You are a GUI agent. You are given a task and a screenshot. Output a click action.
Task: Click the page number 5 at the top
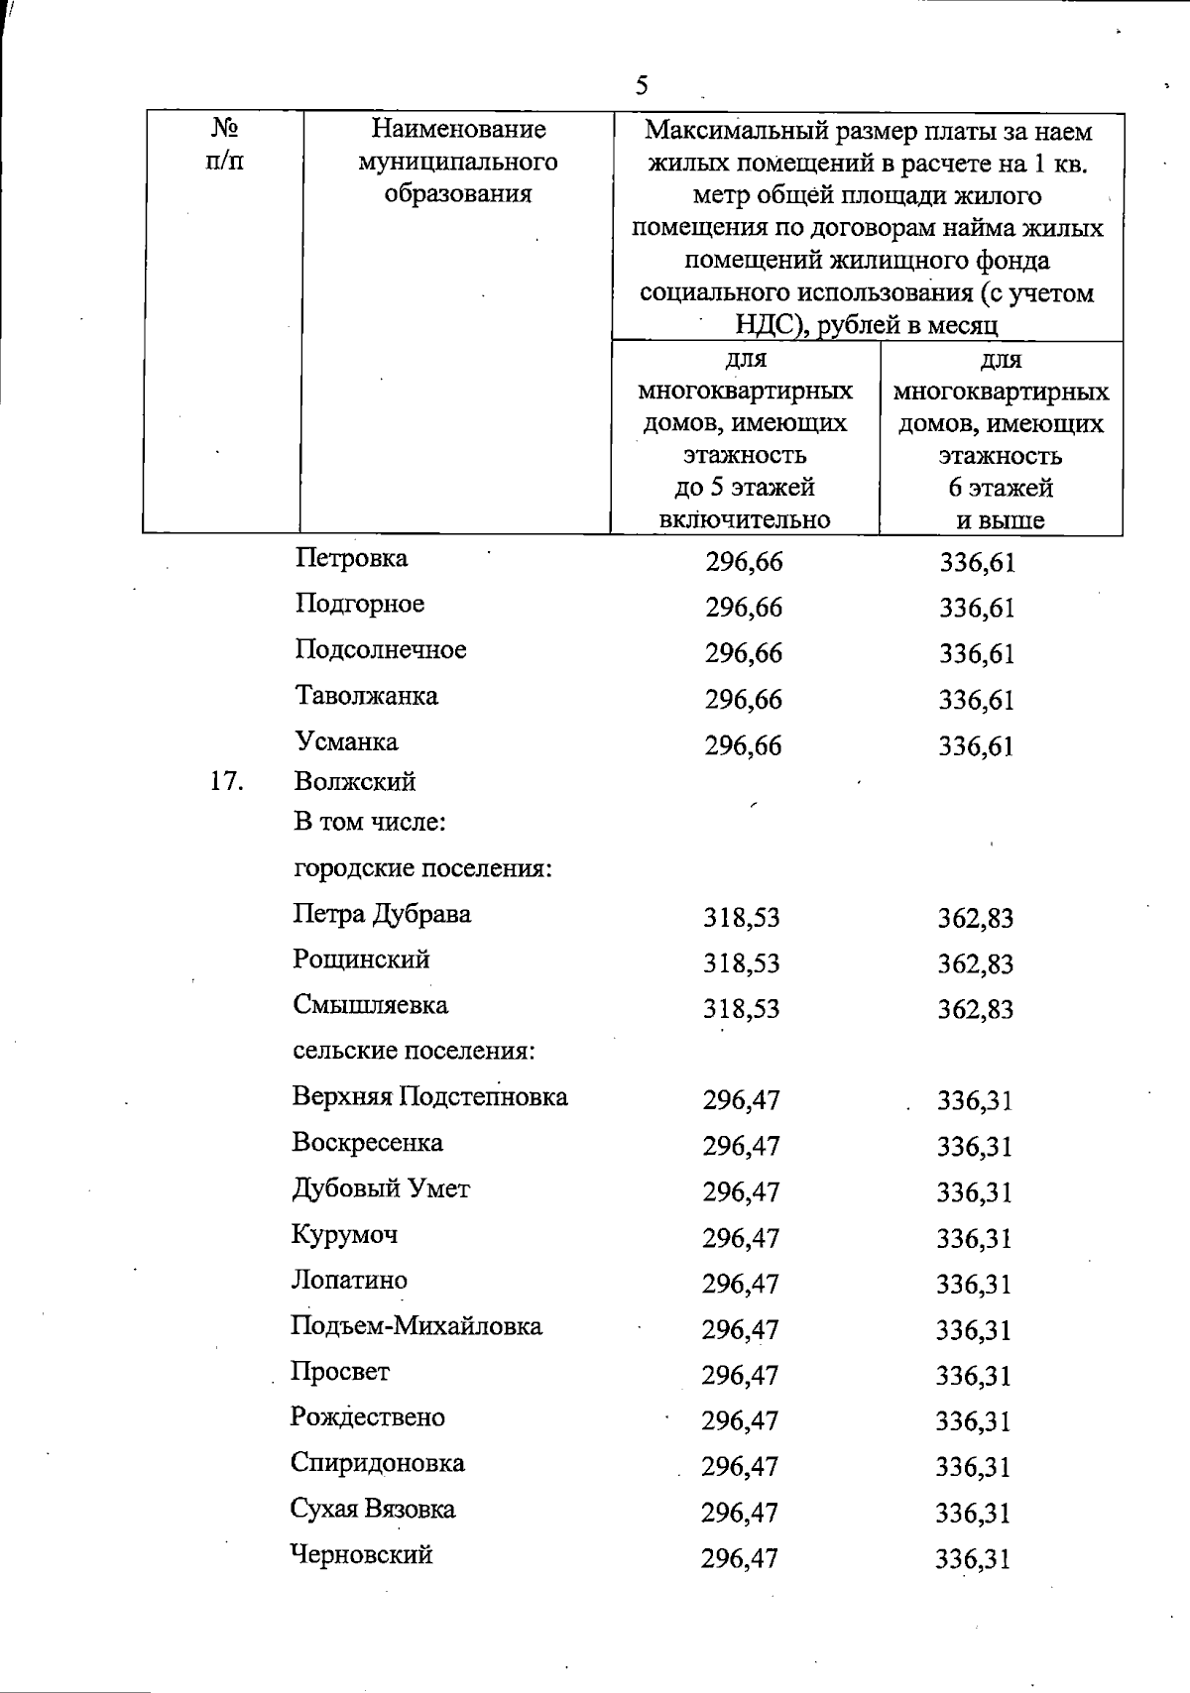click(642, 85)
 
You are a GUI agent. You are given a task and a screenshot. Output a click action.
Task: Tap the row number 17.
click(227, 782)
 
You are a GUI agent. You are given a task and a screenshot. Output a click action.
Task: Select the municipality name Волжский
click(355, 782)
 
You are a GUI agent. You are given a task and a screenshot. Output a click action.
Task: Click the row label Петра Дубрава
click(382, 914)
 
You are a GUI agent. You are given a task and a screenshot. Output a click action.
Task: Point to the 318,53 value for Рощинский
click(742, 963)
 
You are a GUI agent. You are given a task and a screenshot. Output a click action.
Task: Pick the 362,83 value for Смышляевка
click(976, 1010)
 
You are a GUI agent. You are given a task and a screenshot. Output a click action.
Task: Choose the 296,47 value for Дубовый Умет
click(742, 1192)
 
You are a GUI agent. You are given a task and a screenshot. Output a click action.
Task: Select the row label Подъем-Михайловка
click(416, 1326)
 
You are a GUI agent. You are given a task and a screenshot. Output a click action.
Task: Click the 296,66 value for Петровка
click(744, 563)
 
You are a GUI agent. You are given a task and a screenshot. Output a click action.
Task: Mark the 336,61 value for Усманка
click(977, 746)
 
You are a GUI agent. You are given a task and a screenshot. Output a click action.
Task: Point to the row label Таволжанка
click(366, 696)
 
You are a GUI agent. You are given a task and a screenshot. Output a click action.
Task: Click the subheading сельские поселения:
click(414, 1051)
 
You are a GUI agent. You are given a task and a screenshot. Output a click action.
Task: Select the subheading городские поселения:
click(422, 869)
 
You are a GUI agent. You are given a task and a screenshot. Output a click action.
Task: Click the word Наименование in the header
click(458, 129)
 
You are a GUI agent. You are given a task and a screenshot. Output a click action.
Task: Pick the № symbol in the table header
click(224, 129)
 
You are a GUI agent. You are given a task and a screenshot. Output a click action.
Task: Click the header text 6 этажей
click(1001, 488)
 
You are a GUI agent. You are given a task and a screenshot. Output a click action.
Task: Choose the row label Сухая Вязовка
click(373, 1510)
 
